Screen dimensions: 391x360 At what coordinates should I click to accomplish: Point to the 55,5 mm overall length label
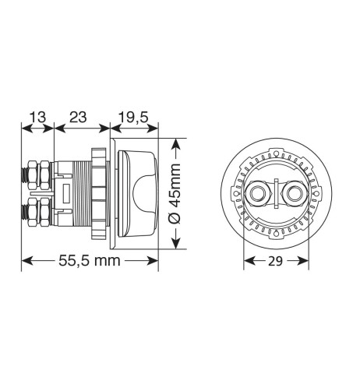coord(90,260)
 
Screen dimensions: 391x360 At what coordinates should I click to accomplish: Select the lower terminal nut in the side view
coord(36,211)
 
